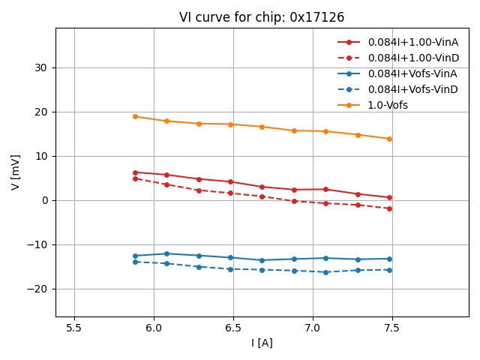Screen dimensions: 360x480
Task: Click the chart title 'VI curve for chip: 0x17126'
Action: pyautogui.click(x=262, y=17)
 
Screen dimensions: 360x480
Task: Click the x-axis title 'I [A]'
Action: pyautogui.click(x=262, y=343)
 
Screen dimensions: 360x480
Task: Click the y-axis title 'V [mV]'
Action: pyautogui.click(x=16, y=172)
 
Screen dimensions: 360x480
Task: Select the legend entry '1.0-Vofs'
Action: pyautogui.click(x=388, y=105)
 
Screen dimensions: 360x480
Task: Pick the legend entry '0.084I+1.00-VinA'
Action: pyautogui.click(x=412, y=42)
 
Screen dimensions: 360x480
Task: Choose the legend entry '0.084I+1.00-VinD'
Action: pyautogui.click(x=412, y=58)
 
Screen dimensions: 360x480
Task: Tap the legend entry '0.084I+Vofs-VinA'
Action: pyautogui.click(x=412, y=73)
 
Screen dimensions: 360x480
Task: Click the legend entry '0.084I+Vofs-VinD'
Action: pyautogui.click(x=412, y=89)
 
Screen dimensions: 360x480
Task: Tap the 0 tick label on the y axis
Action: pyautogui.click(x=44, y=200)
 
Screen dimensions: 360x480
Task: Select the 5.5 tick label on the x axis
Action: pyautogui.click(x=74, y=328)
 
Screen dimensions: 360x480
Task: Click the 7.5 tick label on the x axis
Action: pyautogui.click(x=392, y=328)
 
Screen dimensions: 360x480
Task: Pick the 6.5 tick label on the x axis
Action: pyautogui.click(x=233, y=328)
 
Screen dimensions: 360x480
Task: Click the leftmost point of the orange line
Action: pyautogui.click(x=135, y=116)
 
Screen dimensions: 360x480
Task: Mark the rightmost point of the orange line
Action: pyautogui.click(x=389, y=139)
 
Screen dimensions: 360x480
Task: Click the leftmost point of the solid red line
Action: pyautogui.click(x=135, y=172)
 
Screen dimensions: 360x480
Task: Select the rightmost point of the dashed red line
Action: pyautogui.click(x=389, y=208)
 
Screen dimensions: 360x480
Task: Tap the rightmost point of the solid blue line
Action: pyautogui.click(x=389, y=259)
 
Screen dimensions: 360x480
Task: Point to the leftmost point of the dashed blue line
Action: pyautogui.click(x=135, y=262)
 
